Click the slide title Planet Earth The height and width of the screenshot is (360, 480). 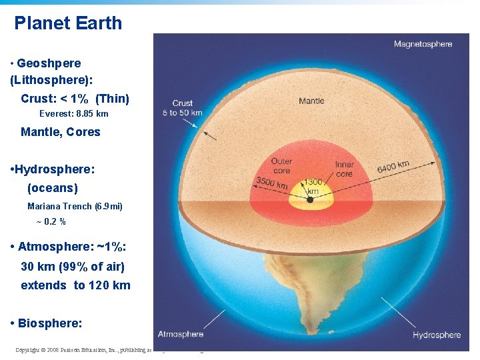68,23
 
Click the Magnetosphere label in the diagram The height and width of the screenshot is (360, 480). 423,45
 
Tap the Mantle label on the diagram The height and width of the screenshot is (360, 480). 311,101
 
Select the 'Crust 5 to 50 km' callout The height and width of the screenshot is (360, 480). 182,108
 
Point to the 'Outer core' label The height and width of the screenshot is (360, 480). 281,166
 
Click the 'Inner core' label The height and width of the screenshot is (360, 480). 344,169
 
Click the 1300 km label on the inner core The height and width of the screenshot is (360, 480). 312,186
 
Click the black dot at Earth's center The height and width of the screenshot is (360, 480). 311,199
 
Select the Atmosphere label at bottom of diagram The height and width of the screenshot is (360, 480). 181,334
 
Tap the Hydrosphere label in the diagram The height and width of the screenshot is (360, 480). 437,335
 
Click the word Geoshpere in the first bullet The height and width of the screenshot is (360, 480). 49,63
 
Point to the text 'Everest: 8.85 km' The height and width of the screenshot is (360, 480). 73,114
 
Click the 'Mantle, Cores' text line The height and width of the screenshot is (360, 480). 60,132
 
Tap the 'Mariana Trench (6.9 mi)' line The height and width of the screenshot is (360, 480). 75,207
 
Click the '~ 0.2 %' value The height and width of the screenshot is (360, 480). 51,221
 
